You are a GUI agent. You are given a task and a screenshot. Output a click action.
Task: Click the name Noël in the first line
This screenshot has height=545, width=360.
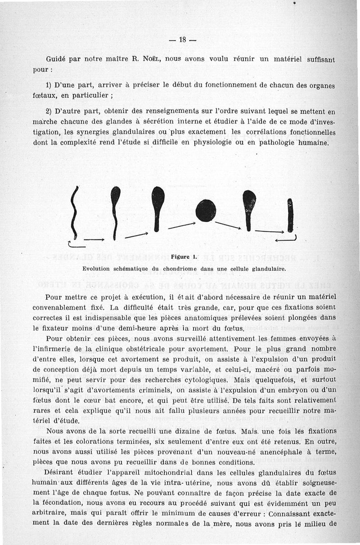tap(150, 59)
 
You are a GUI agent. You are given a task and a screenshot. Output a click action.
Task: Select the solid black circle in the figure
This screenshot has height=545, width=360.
tap(206, 211)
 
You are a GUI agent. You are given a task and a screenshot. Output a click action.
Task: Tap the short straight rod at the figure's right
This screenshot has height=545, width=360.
tap(290, 215)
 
